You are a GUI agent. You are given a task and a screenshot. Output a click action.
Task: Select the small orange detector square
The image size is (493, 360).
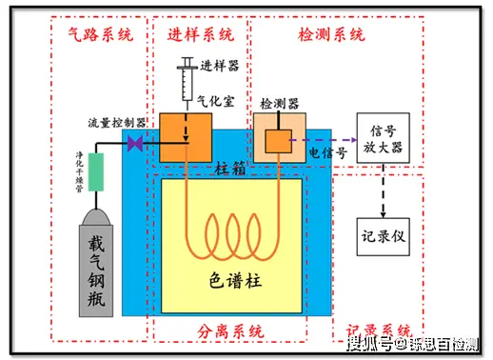pos(277,142)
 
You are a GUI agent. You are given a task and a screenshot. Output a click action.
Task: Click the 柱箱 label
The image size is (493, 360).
pos(230,169)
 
